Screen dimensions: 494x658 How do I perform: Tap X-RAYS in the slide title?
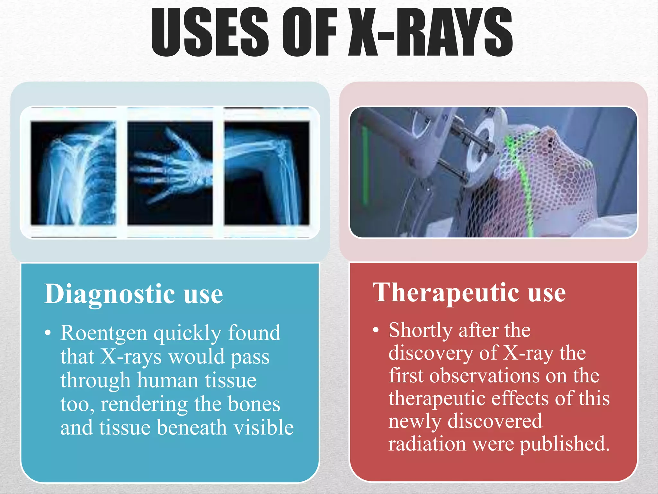[x=431, y=32]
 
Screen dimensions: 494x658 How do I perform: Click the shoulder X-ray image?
[x=73, y=173]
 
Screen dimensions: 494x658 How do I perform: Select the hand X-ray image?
[x=170, y=173]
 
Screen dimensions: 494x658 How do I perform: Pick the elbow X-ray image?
[x=267, y=173]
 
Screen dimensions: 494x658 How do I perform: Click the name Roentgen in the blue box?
[x=103, y=333]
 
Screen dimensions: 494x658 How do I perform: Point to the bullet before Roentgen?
[x=48, y=334]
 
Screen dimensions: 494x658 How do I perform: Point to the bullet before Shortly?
[x=376, y=331]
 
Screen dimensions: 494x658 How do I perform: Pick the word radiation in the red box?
[x=427, y=444]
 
